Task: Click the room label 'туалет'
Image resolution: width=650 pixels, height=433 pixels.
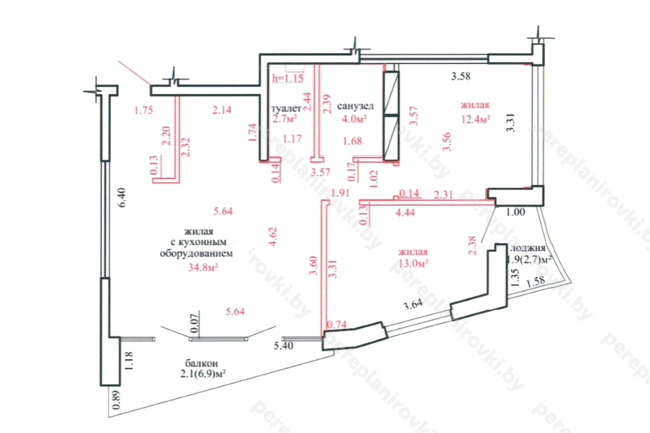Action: click(x=286, y=109)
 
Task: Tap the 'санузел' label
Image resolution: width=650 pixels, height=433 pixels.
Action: click(x=355, y=106)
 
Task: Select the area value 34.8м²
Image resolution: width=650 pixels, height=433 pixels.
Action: click(x=203, y=268)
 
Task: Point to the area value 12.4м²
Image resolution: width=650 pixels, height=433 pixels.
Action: click(x=476, y=119)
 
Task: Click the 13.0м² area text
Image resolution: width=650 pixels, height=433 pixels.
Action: click(x=413, y=263)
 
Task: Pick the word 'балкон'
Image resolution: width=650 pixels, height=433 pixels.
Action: click(x=202, y=363)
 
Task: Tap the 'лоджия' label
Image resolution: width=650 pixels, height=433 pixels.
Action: click(x=528, y=249)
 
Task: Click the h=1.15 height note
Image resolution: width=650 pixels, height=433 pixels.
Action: click(x=287, y=78)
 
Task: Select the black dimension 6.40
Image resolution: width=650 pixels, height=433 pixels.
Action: click(x=122, y=197)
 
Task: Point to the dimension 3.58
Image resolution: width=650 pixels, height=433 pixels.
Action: click(x=461, y=76)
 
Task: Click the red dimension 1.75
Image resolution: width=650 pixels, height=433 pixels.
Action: click(x=143, y=110)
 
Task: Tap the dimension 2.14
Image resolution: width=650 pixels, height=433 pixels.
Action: click(x=222, y=110)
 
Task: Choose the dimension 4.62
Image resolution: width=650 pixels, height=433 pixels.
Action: click(x=273, y=237)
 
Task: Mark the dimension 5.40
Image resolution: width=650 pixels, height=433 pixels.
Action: click(x=283, y=346)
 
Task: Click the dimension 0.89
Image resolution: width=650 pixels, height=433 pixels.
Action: click(x=117, y=401)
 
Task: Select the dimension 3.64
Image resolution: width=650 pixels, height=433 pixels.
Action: click(x=413, y=305)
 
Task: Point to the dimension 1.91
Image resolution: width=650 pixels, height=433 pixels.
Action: click(x=340, y=193)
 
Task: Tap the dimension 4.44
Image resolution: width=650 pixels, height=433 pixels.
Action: click(x=405, y=213)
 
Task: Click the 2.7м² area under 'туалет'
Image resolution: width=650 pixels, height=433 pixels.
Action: click(x=285, y=118)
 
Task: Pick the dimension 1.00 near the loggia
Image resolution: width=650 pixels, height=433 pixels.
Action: click(x=515, y=212)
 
